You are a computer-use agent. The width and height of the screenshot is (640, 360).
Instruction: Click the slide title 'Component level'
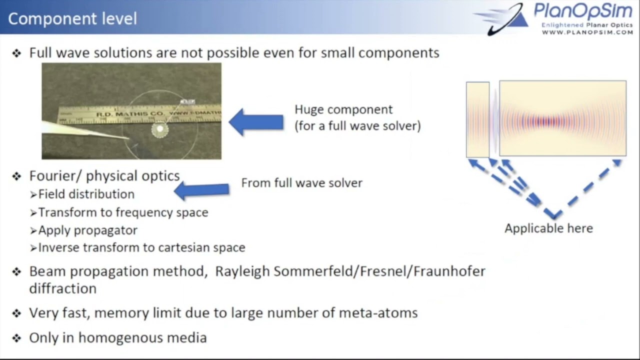(72, 18)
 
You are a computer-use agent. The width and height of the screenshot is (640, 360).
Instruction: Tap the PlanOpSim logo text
(583, 10)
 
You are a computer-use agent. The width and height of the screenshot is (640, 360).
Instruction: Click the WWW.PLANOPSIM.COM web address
(587, 32)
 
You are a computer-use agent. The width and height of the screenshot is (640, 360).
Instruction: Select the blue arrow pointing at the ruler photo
(256, 122)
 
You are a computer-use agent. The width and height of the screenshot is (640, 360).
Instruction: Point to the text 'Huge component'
(343, 109)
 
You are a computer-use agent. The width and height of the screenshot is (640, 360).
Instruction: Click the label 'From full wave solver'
(301, 183)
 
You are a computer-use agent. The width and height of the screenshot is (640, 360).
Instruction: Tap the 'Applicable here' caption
(548, 228)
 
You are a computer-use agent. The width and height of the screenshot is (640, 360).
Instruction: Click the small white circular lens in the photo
(160, 129)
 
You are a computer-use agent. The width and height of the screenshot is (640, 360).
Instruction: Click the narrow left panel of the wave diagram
(477, 119)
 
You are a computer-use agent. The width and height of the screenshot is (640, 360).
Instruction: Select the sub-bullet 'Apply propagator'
(87, 230)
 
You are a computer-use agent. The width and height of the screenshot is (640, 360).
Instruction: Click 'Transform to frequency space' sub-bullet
(123, 212)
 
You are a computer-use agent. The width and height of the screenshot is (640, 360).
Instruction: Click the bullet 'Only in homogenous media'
(117, 337)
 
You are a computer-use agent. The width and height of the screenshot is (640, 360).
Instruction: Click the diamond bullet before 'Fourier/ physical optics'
(17, 176)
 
